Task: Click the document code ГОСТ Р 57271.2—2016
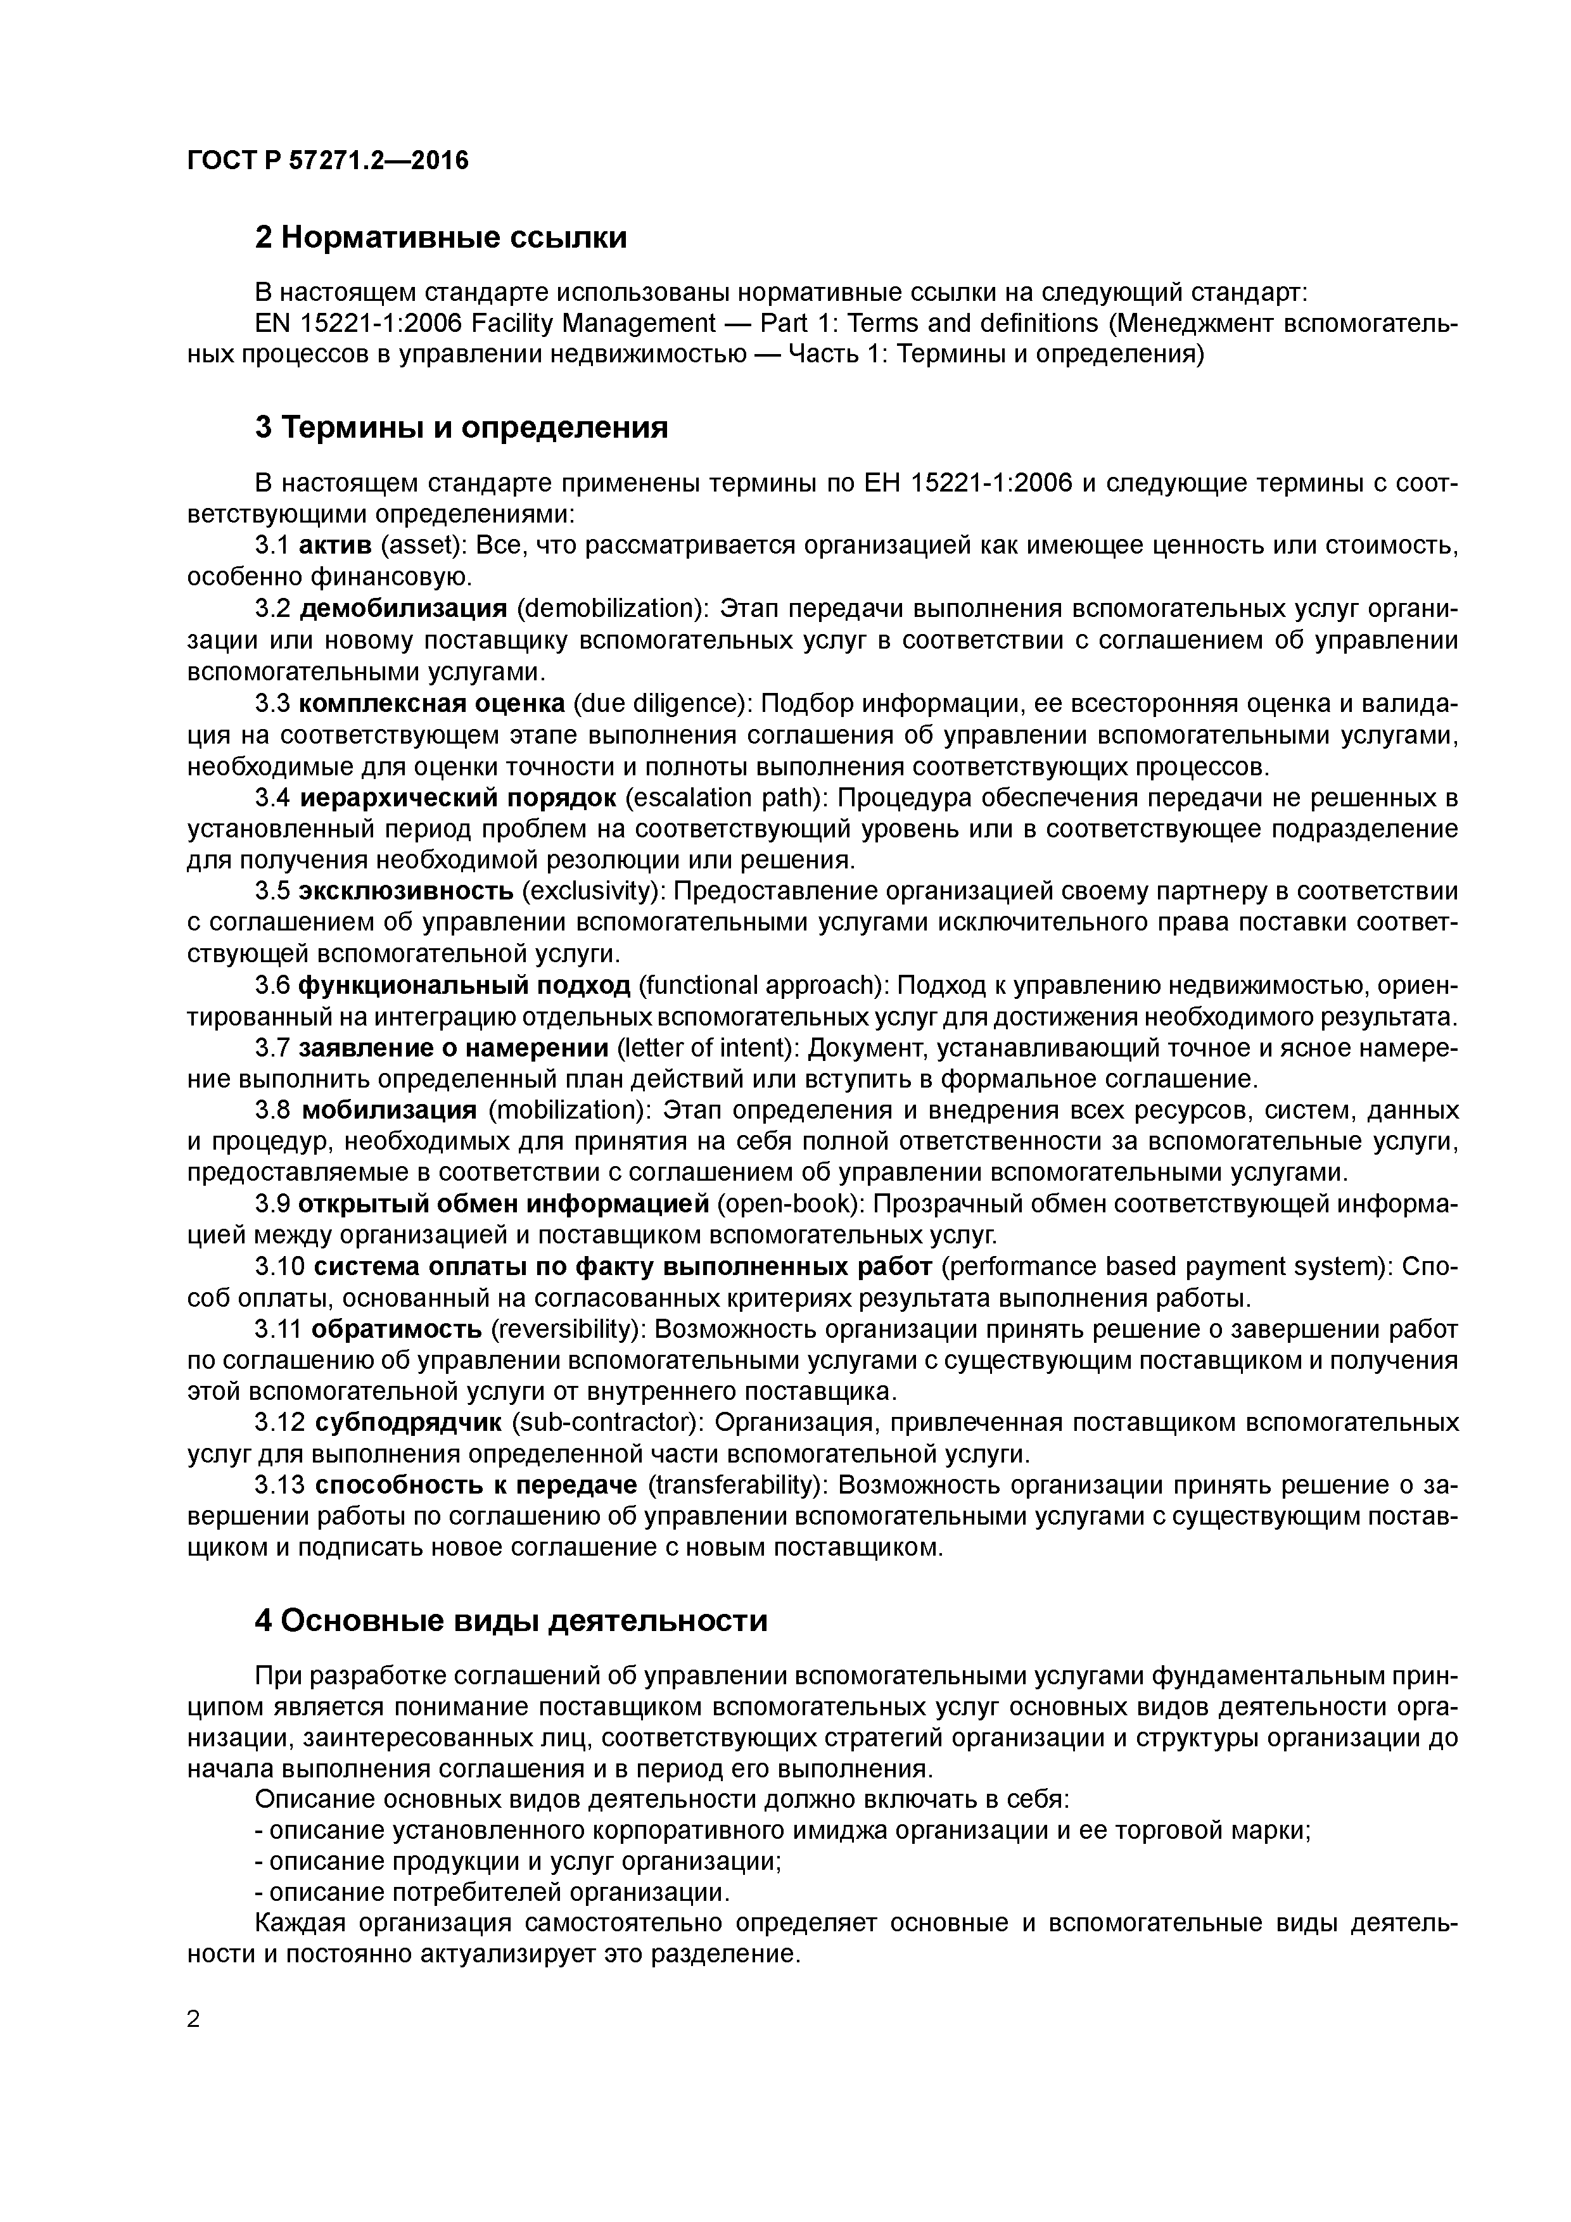tap(327, 161)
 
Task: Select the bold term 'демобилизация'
tap(403, 609)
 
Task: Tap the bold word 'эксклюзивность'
tap(405, 891)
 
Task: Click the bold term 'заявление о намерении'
tap(453, 1048)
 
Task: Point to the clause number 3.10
tap(279, 1268)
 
